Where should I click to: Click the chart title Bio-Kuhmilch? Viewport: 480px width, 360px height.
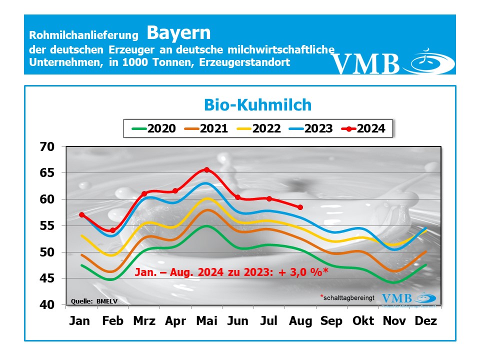click(258, 105)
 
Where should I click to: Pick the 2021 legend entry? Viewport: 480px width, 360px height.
click(206, 128)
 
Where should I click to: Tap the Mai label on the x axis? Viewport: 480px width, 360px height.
click(206, 321)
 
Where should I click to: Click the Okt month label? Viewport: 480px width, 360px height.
click(363, 321)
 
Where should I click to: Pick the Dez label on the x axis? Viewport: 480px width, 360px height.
click(426, 321)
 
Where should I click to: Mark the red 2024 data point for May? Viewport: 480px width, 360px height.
click(206, 170)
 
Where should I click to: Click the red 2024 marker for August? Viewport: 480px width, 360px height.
click(300, 207)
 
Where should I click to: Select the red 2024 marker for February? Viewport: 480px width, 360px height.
click(112, 230)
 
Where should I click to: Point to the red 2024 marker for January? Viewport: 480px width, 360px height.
click(81, 215)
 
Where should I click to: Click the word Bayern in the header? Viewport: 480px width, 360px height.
click(178, 33)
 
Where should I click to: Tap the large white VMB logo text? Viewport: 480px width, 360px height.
click(366, 63)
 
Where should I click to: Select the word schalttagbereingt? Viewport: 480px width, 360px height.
click(349, 297)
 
